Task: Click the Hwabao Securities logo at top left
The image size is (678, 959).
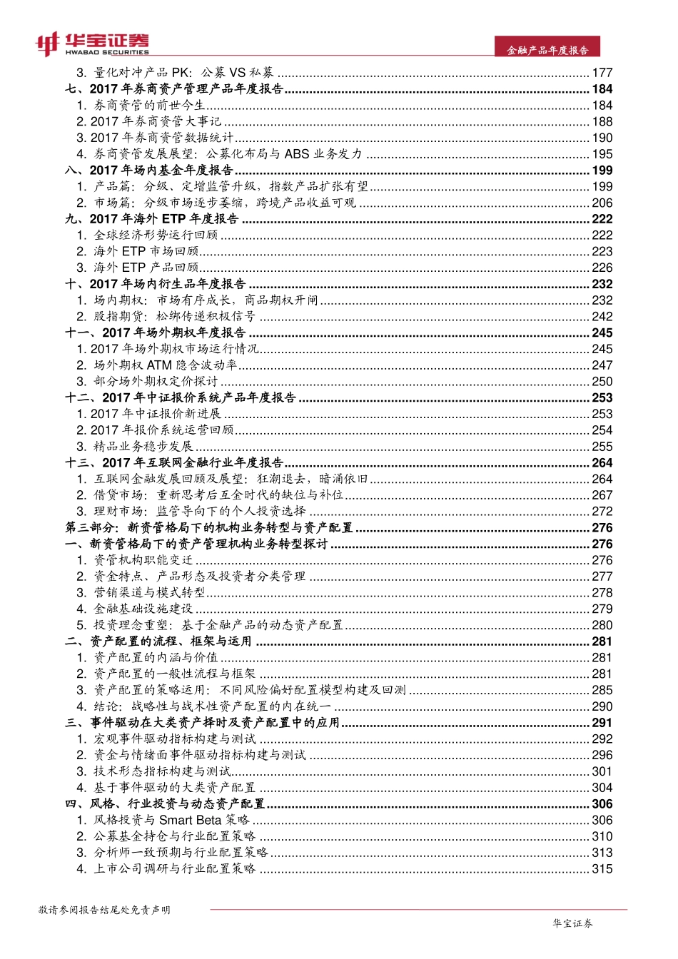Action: click(93, 44)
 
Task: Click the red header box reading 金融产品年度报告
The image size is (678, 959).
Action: click(547, 50)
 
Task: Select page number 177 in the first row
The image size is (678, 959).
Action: click(602, 73)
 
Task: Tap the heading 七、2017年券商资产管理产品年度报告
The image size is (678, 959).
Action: click(174, 89)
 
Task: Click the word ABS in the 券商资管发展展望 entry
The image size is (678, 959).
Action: click(296, 154)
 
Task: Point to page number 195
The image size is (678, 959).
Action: click(602, 154)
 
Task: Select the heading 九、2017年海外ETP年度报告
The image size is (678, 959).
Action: click(152, 219)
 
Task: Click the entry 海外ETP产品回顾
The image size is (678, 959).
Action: click(146, 268)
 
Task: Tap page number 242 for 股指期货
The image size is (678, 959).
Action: click(602, 316)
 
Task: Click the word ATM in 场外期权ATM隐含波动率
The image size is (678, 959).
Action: click(159, 365)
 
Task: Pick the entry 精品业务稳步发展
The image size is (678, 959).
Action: click(143, 447)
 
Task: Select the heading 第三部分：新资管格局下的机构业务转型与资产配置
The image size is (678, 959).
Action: click(209, 528)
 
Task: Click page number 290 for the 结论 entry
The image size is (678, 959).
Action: click(602, 706)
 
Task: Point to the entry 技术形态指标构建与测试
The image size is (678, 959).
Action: click(162, 771)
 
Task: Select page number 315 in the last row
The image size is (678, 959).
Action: click(602, 869)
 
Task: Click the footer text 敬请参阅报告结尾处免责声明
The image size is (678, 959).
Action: click(104, 910)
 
